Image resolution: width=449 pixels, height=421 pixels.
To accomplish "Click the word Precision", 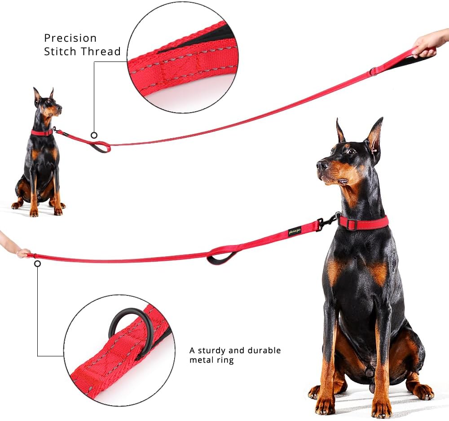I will click(x=70, y=39).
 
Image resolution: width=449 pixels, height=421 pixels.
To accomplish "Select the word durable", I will click(x=262, y=350).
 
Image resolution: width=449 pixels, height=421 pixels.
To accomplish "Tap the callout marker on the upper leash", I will click(x=94, y=135).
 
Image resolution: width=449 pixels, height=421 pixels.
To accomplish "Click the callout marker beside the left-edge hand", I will click(x=37, y=264).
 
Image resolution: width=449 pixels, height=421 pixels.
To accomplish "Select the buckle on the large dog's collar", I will click(x=351, y=224).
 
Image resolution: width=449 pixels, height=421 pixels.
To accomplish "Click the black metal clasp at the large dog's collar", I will click(x=327, y=222).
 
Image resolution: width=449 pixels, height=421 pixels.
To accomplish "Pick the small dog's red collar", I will click(x=41, y=132).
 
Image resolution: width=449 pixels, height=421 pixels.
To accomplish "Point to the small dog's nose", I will click(x=60, y=108).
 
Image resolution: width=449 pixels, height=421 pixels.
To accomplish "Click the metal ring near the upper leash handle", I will click(x=373, y=72).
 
